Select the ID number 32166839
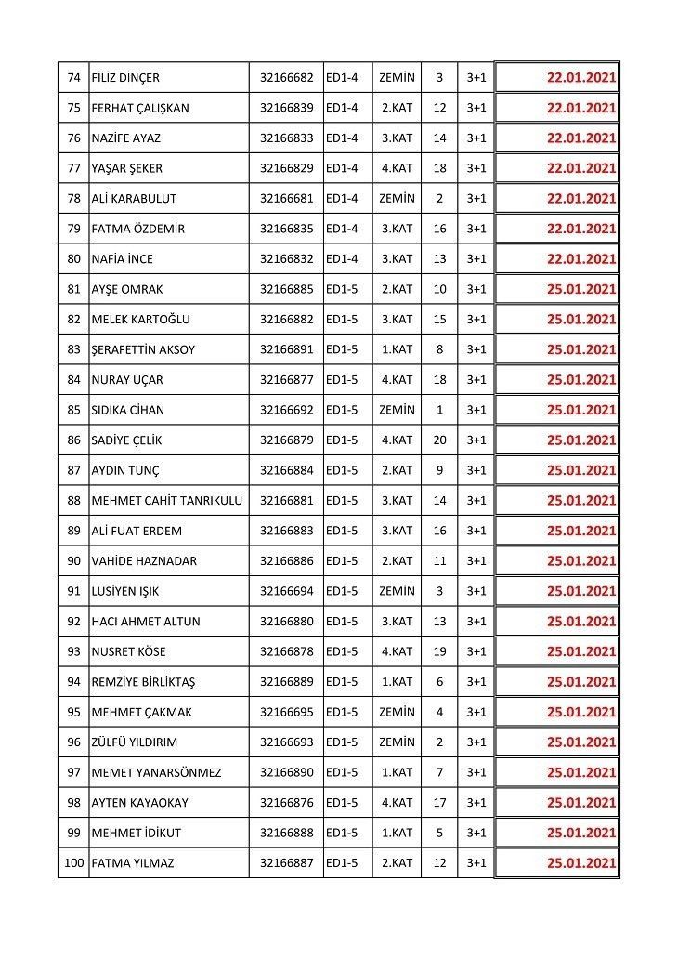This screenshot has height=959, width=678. pyautogui.click(x=286, y=108)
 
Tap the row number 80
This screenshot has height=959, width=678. pyautogui.click(x=74, y=258)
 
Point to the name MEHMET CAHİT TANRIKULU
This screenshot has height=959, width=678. pyautogui.click(x=167, y=500)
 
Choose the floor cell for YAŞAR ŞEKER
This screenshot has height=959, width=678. pyautogui.click(x=397, y=168)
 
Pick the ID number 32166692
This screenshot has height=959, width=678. pyautogui.click(x=286, y=410)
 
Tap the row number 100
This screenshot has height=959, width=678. pyautogui.click(x=73, y=863)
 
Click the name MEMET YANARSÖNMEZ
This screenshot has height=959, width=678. pyautogui.click(x=157, y=772)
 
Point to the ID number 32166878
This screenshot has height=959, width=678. pyautogui.click(x=286, y=651)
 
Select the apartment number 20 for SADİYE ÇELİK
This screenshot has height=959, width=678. pyautogui.click(x=439, y=440)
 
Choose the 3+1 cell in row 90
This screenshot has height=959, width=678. pyautogui.click(x=476, y=560)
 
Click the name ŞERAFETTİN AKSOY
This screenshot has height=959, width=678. pyautogui.click(x=143, y=349)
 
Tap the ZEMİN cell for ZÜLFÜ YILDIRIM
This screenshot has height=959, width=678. pyautogui.click(x=397, y=742)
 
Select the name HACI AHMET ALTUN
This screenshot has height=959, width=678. pyautogui.click(x=146, y=621)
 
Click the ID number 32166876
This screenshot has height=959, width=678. pyautogui.click(x=286, y=803)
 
